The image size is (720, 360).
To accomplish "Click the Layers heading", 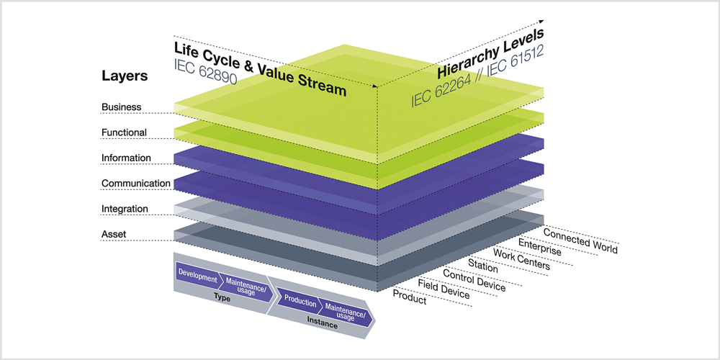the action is pyautogui.click(x=125, y=76).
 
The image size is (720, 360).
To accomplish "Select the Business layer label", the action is pyautogui.click(x=121, y=107).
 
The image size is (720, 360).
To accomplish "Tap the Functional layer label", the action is pyautogui.click(x=124, y=132).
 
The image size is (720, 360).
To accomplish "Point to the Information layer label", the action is pyautogui.click(x=126, y=158).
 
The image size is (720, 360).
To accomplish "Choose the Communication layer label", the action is pyautogui.click(x=136, y=184).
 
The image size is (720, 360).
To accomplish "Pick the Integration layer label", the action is pyautogui.click(x=125, y=209).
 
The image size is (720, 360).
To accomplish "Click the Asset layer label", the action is pyautogui.click(x=114, y=235).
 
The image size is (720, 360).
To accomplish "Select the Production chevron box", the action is pyautogui.click(x=301, y=303).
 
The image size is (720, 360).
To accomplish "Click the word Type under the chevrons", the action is pyautogui.click(x=222, y=297).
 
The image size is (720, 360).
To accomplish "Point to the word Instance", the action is pyautogui.click(x=323, y=325).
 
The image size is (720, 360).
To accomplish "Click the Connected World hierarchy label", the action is pyautogui.click(x=580, y=240).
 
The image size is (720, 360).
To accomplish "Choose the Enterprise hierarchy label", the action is pyautogui.click(x=539, y=248).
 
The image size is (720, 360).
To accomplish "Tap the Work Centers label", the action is pyautogui.click(x=521, y=259).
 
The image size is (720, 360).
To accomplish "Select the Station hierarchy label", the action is pyautogui.click(x=482, y=266).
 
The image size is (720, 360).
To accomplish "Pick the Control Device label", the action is pyautogui.click(x=474, y=281).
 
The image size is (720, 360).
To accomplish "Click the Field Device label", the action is pyautogui.click(x=444, y=289).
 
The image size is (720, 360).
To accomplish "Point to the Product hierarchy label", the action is pyautogui.click(x=410, y=297).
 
